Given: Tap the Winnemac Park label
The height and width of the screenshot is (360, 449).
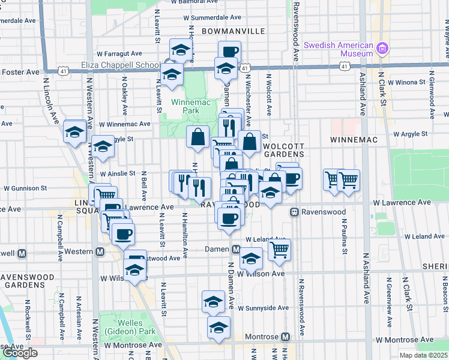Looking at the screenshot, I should tap(185, 106).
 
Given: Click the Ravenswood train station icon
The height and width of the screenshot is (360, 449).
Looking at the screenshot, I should tap(295, 212).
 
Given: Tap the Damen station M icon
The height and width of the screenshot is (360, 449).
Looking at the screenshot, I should tap(236, 249).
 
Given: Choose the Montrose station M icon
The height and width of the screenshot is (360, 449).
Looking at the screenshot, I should tap(286, 337).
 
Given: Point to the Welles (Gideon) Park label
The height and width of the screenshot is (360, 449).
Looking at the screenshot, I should tap(125, 327).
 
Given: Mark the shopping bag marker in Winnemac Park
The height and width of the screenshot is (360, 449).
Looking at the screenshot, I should tap(197, 137).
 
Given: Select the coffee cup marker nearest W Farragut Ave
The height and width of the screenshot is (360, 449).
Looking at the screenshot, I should tap(229, 52).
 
